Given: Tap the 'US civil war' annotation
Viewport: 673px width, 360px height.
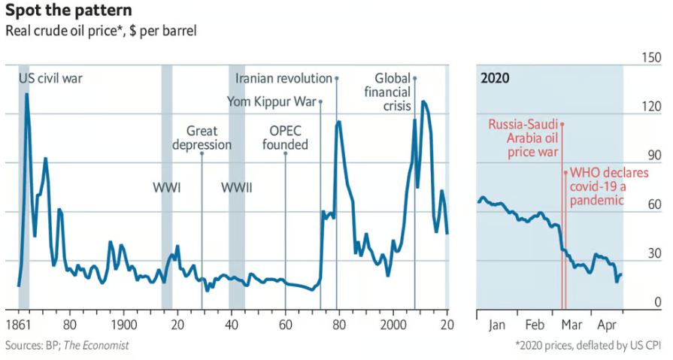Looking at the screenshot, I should [x=51, y=77].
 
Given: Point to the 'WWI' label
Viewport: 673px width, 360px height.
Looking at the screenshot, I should [x=167, y=187].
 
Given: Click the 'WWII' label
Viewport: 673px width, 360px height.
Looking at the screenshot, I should [x=236, y=187].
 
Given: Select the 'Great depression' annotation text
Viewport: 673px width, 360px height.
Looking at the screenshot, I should [x=202, y=138].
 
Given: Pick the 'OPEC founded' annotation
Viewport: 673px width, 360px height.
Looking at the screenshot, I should [x=285, y=138].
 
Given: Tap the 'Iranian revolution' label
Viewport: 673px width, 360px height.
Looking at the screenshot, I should [x=283, y=78].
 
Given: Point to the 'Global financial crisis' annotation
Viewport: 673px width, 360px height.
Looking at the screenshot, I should [x=393, y=92].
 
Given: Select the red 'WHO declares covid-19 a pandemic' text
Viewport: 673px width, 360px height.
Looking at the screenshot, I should [x=598, y=186].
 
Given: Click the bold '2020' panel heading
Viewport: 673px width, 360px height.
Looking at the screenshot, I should [x=495, y=78].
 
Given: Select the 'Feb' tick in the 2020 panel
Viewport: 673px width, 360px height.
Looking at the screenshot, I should [x=535, y=325].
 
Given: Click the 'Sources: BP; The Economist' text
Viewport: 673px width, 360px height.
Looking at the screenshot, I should [x=67, y=345].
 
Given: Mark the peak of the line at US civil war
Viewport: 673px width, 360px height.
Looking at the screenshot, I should [x=26, y=94].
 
